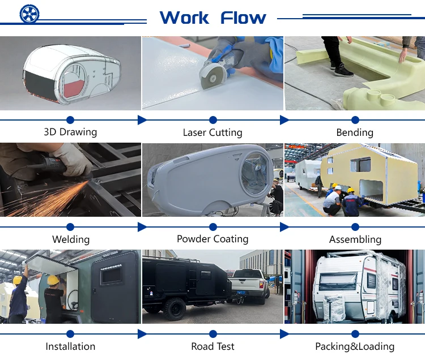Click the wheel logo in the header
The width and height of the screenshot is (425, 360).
29,14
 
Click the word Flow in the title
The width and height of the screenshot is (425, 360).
243,18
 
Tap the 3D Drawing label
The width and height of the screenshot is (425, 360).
70,132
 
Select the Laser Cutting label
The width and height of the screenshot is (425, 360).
212,132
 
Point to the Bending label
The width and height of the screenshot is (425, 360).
355,132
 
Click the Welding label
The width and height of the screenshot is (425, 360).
71,239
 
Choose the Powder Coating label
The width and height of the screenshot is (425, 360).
212,239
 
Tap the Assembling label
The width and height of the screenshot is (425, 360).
355,239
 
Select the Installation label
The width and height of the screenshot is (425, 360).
70,346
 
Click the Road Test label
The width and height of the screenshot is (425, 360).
213,346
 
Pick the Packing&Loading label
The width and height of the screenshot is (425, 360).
355,346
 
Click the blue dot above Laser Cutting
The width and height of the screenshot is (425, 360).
213,120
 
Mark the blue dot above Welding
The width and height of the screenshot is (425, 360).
70,227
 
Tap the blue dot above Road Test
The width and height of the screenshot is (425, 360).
213,334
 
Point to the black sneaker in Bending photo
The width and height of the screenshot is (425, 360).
343,71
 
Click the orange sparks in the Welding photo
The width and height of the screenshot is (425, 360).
57,198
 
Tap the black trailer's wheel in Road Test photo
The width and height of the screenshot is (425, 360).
174,309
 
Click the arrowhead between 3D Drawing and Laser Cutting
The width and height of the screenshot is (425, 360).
142,120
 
